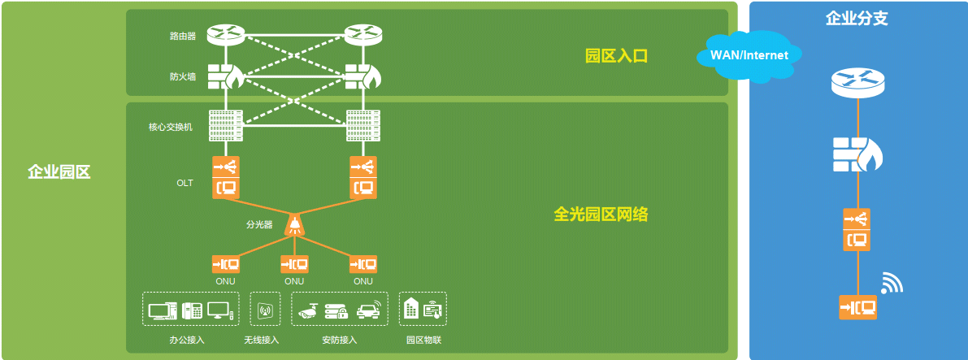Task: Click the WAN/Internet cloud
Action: [749, 56]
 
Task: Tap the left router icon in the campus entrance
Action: [225, 35]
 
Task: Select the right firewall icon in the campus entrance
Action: [362, 76]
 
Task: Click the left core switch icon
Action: [225, 125]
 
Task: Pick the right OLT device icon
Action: [363, 177]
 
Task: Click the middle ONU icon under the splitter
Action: [294, 264]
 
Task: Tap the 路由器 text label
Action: [183, 37]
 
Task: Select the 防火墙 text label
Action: [183, 77]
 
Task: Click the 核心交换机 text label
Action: [171, 128]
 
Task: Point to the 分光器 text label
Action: [259, 225]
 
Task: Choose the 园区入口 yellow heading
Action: [616, 56]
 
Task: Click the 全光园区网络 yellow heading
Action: [601, 215]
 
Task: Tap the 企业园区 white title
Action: [59, 171]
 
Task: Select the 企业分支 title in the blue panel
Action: [857, 18]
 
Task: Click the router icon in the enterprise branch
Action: [857, 82]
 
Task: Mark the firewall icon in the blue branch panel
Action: [857, 154]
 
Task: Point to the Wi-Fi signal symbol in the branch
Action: [892, 283]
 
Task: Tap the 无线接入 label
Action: [262, 340]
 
